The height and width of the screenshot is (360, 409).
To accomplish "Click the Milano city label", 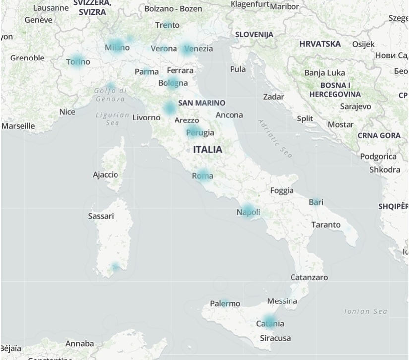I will click(117, 48).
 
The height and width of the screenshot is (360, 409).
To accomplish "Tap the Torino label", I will click(78, 62).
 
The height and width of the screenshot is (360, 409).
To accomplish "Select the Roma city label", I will click(203, 175).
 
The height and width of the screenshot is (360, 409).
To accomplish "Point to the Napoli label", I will click(248, 212).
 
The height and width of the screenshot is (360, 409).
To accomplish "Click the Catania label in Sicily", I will click(270, 324).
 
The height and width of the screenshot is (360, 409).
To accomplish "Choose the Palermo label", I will click(225, 303).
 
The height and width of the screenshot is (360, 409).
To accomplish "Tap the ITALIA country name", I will click(208, 149).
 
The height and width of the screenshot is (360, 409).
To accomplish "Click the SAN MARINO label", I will click(202, 103).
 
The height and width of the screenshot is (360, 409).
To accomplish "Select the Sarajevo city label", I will click(355, 106).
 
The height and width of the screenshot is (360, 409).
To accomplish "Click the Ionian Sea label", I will click(365, 311).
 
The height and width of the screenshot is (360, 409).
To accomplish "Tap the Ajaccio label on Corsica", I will click(106, 175).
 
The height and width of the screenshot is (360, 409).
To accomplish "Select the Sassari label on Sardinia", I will click(101, 216).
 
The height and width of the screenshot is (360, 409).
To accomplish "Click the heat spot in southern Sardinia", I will click(115, 267).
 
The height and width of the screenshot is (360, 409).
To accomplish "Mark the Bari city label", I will click(316, 202).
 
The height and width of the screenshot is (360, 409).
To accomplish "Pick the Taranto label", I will click(326, 225).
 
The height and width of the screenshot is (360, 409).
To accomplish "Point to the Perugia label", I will click(200, 132).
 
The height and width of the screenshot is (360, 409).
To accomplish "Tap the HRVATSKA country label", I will click(320, 44).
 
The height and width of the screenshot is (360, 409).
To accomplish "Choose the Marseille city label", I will click(18, 126).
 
